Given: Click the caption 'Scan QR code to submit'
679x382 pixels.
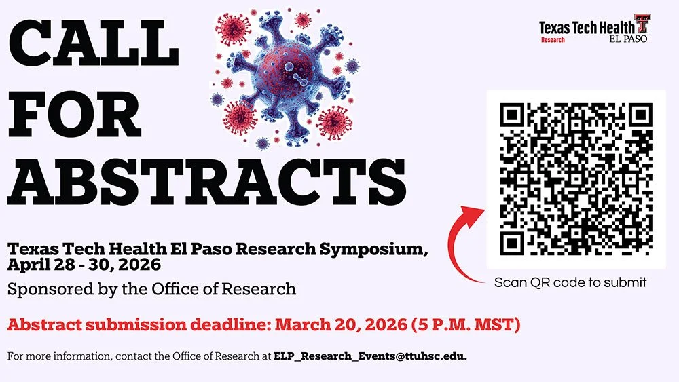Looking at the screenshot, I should (x=570, y=282).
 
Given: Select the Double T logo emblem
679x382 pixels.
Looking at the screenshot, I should (x=642, y=23).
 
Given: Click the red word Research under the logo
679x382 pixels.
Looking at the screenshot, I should (x=553, y=40).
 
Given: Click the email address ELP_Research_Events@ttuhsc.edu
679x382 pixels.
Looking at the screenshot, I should (x=370, y=356).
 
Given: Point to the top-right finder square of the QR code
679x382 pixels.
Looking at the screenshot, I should (x=638, y=116).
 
